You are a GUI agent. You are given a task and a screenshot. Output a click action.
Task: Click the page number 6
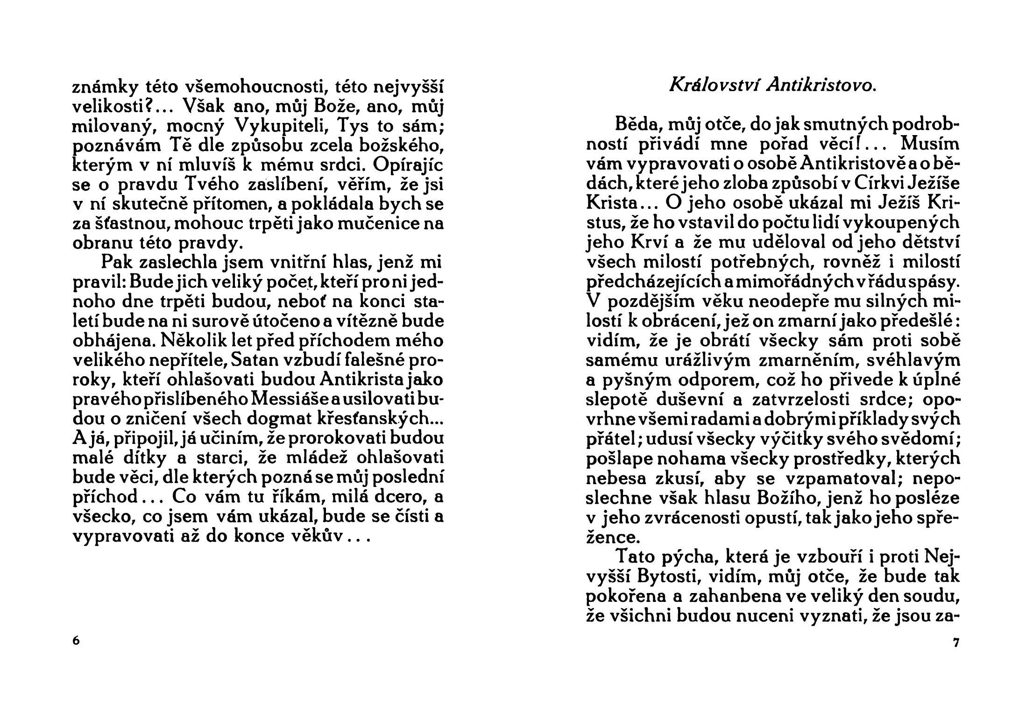coord(77,640)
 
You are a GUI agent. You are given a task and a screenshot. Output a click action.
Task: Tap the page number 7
coord(955,643)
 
